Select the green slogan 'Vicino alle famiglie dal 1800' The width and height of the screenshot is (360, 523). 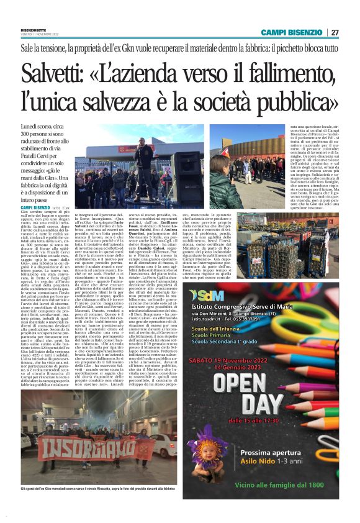point(289,497)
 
